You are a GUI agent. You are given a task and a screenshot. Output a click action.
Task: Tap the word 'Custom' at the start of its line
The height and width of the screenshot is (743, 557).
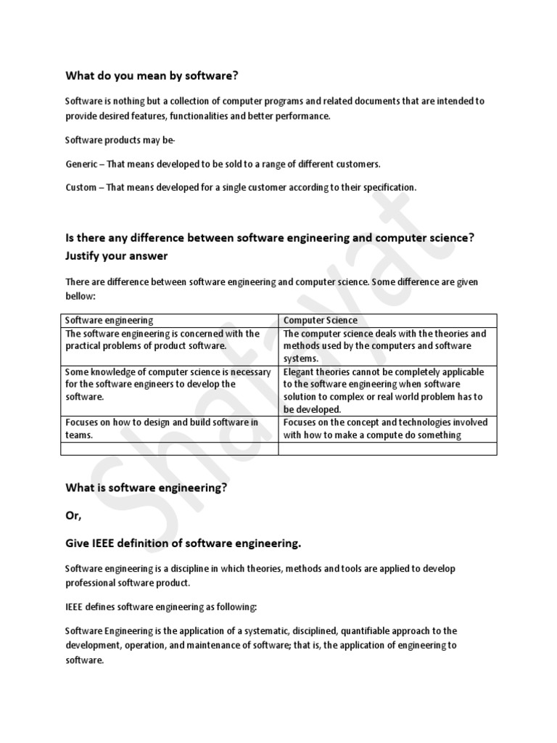click(x=81, y=187)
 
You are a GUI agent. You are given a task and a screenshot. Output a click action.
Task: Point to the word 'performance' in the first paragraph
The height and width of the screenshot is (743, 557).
click(x=304, y=116)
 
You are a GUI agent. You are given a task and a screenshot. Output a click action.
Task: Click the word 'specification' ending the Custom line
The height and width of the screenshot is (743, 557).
click(x=389, y=187)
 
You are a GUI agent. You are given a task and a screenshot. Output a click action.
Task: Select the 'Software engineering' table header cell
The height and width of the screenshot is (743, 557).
click(x=110, y=320)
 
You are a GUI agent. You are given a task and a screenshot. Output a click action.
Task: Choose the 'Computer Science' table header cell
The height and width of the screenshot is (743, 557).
click(x=320, y=320)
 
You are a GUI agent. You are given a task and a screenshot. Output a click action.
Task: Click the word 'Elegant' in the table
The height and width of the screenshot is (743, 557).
click(x=299, y=372)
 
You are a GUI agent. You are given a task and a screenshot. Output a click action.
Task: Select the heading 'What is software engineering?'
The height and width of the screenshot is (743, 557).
click(x=147, y=488)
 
